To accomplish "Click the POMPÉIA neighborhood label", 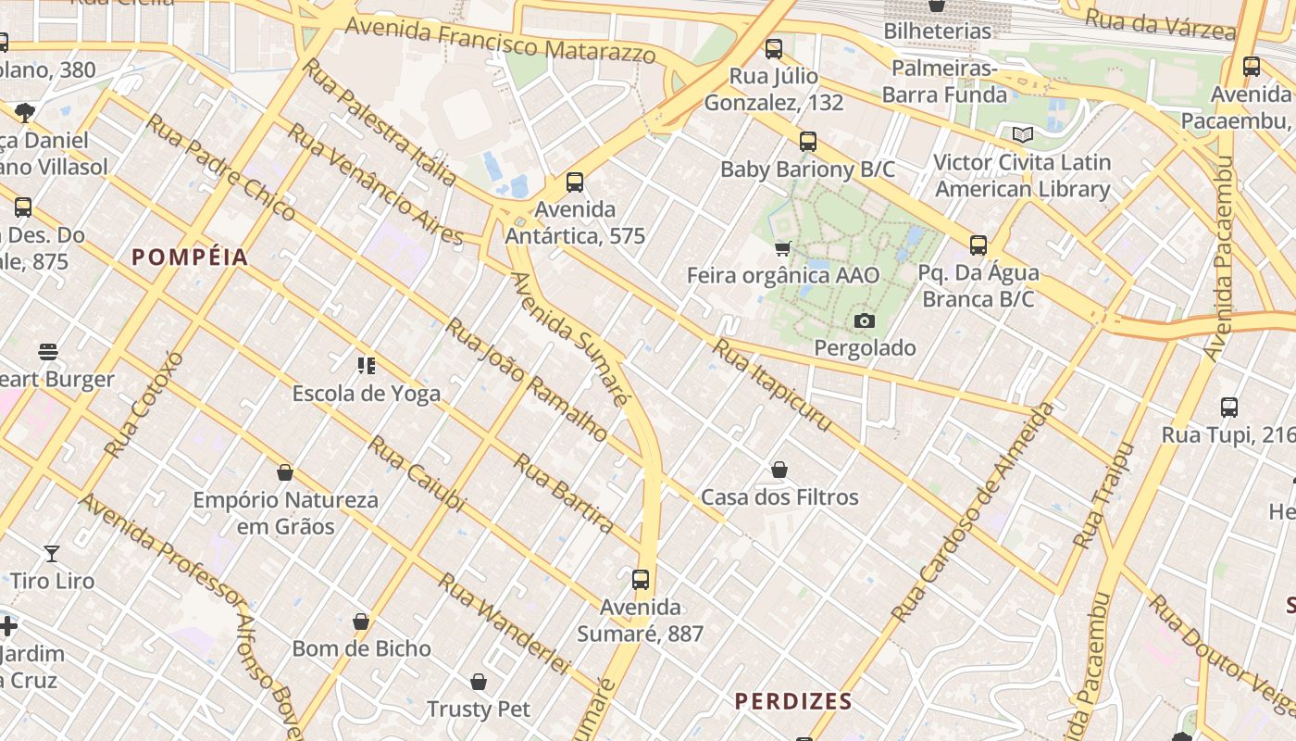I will point(190,257).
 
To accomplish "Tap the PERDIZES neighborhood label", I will point(793,701).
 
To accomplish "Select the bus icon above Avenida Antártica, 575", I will point(575,182).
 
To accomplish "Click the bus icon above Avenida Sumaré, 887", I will point(640,581).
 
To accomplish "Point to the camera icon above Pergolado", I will point(864,321).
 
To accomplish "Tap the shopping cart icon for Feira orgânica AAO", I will point(782,248).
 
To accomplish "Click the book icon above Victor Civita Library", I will point(1022,135).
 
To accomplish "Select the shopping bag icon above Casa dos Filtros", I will point(779,471).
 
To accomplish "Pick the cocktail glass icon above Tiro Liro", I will point(52,554).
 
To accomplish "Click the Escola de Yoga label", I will point(367,394).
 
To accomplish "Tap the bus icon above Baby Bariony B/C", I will point(808,142).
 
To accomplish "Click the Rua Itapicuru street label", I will point(772,384).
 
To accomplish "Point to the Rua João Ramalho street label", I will point(526,380).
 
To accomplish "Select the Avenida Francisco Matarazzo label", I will point(500,41).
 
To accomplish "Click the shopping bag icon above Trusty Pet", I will point(479,683).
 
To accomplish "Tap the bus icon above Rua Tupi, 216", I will point(1228,408).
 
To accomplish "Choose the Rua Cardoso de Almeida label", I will point(974,511).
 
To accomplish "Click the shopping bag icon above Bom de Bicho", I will point(361,622).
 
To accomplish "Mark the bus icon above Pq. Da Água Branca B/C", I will point(978,245).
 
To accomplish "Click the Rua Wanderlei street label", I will point(505,623).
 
